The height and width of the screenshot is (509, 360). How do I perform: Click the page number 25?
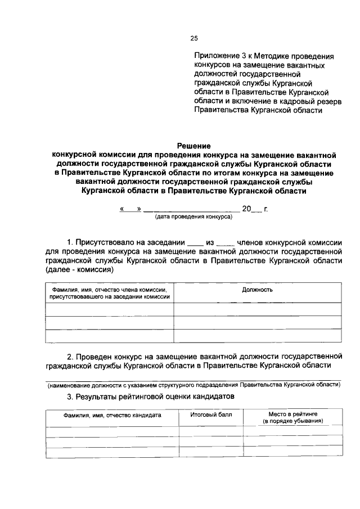pyautogui.click(x=194, y=38)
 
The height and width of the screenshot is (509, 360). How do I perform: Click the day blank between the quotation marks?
pyautogui.click(x=130, y=209)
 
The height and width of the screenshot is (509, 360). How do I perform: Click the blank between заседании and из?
pyautogui.click(x=195, y=244)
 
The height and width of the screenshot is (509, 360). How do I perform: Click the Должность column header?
pyautogui.click(x=257, y=290)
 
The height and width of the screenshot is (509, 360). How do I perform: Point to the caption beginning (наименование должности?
pyautogui.click(x=193, y=385)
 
